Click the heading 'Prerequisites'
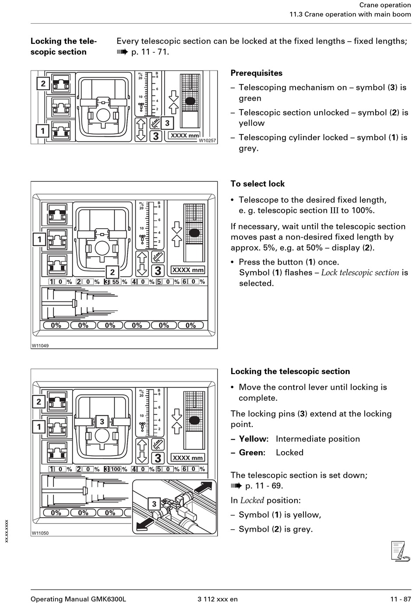tap(256, 73)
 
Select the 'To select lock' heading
tap(257, 184)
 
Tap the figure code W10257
tap(208, 141)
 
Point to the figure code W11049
tap(40, 346)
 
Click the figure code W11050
tap(40, 533)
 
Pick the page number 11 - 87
tap(400, 599)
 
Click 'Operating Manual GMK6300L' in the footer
tap(78, 599)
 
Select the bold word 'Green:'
tap(252, 452)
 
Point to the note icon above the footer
tap(400, 551)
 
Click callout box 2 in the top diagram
tap(43, 83)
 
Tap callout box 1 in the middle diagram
tap(39, 239)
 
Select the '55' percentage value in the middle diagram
tap(116, 282)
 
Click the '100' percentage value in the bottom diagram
tap(116, 469)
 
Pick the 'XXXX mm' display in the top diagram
tap(184, 135)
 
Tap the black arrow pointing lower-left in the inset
tap(145, 524)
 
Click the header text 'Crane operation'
tap(385, 5)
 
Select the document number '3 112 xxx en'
tap(218, 599)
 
